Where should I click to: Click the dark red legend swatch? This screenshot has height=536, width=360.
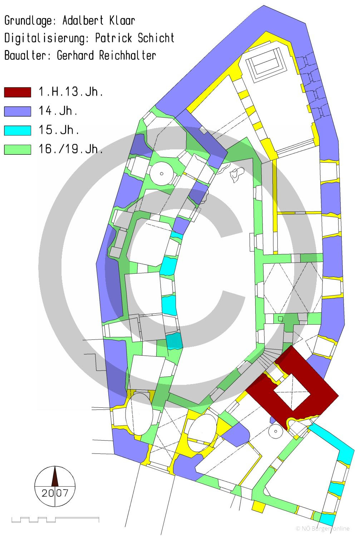18,92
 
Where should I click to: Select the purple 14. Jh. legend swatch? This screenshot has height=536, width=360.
18,111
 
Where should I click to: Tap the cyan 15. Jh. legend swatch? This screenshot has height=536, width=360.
18,130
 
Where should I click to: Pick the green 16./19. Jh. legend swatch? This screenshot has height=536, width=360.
18,150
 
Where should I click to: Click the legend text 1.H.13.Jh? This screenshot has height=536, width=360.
71,91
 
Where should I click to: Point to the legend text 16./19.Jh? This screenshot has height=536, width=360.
71,149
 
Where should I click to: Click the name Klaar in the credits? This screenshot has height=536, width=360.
122,21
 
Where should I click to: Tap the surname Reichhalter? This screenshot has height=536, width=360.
128,55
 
